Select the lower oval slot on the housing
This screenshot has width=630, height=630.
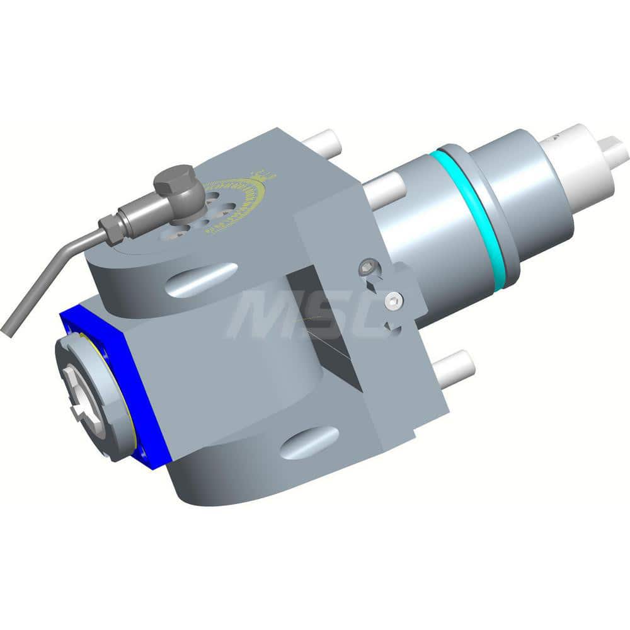coord(310,442)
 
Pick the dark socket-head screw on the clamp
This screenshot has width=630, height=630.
coord(367,268)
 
